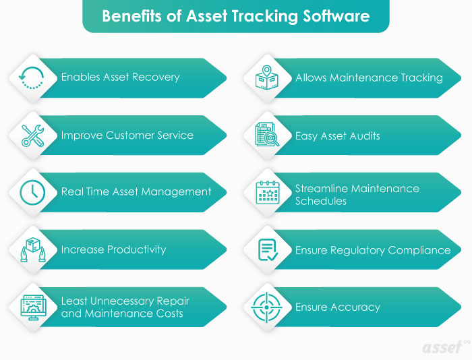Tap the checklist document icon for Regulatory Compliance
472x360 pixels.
[x=267, y=250]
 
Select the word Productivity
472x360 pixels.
[x=132, y=250]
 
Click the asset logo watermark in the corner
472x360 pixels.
[x=446, y=347]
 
